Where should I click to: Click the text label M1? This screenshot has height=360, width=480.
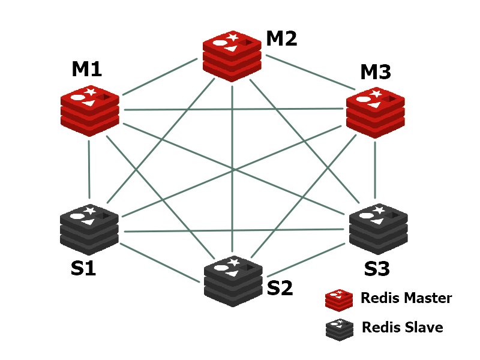coord(87,69)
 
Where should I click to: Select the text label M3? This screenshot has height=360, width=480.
coord(376,72)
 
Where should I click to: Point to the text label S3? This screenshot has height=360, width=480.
coord(377,268)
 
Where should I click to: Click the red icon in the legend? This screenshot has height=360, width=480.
coord(338,299)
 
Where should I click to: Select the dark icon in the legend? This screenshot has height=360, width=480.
coord(338,328)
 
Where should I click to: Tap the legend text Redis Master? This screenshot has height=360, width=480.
coord(406,298)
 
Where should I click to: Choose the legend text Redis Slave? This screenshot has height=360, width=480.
coord(402,327)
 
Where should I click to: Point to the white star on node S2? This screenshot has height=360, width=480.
coord(235,262)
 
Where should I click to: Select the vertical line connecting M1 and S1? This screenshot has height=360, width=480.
coord(89,171)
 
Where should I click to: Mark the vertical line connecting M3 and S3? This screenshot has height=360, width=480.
coord(376,171)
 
